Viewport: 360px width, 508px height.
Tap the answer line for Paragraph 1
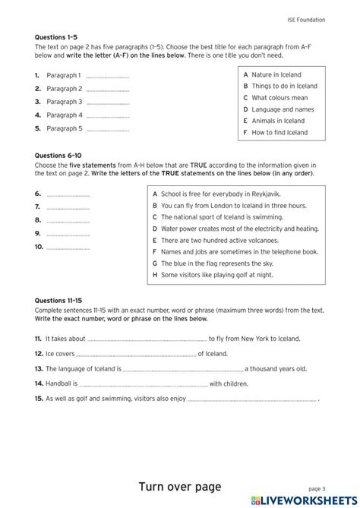[107, 77]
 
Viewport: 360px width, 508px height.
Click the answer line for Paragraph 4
[107, 117]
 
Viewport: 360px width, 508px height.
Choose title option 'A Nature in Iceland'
[272, 74]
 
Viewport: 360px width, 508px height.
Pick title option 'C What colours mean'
[275, 98]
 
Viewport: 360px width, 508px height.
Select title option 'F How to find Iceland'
[275, 132]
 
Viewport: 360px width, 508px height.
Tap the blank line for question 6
[68, 196]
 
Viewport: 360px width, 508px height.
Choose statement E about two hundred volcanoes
[219, 240]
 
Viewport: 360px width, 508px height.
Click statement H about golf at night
[213, 275]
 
